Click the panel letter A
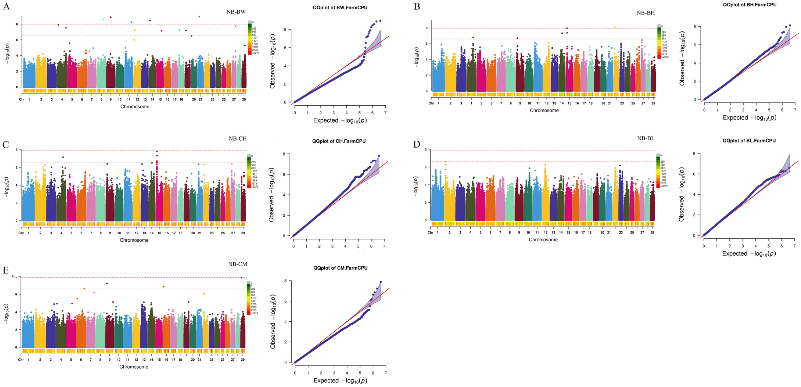click(x=6, y=6)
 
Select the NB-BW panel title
click(x=236, y=12)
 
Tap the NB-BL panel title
click(x=646, y=138)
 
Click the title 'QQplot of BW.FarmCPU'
click(x=340, y=7)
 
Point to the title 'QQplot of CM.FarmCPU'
click(x=340, y=268)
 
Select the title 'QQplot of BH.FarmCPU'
click(x=749, y=5)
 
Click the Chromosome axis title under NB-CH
click(x=134, y=240)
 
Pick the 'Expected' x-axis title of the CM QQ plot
click(x=340, y=381)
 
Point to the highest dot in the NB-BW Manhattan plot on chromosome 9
click(x=111, y=17)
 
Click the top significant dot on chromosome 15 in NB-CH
click(x=157, y=151)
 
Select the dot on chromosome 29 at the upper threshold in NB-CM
click(x=241, y=278)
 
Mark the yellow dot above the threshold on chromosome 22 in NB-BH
click(x=615, y=27)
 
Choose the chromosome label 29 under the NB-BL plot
click(x=652, y=233)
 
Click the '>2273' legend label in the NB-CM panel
click(x=255, y=313)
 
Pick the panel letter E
click(x=6, y=270)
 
